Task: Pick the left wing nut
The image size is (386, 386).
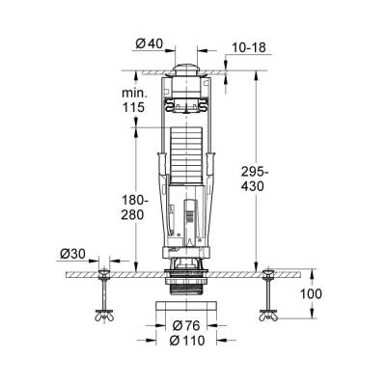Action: [x=100, y=314]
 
